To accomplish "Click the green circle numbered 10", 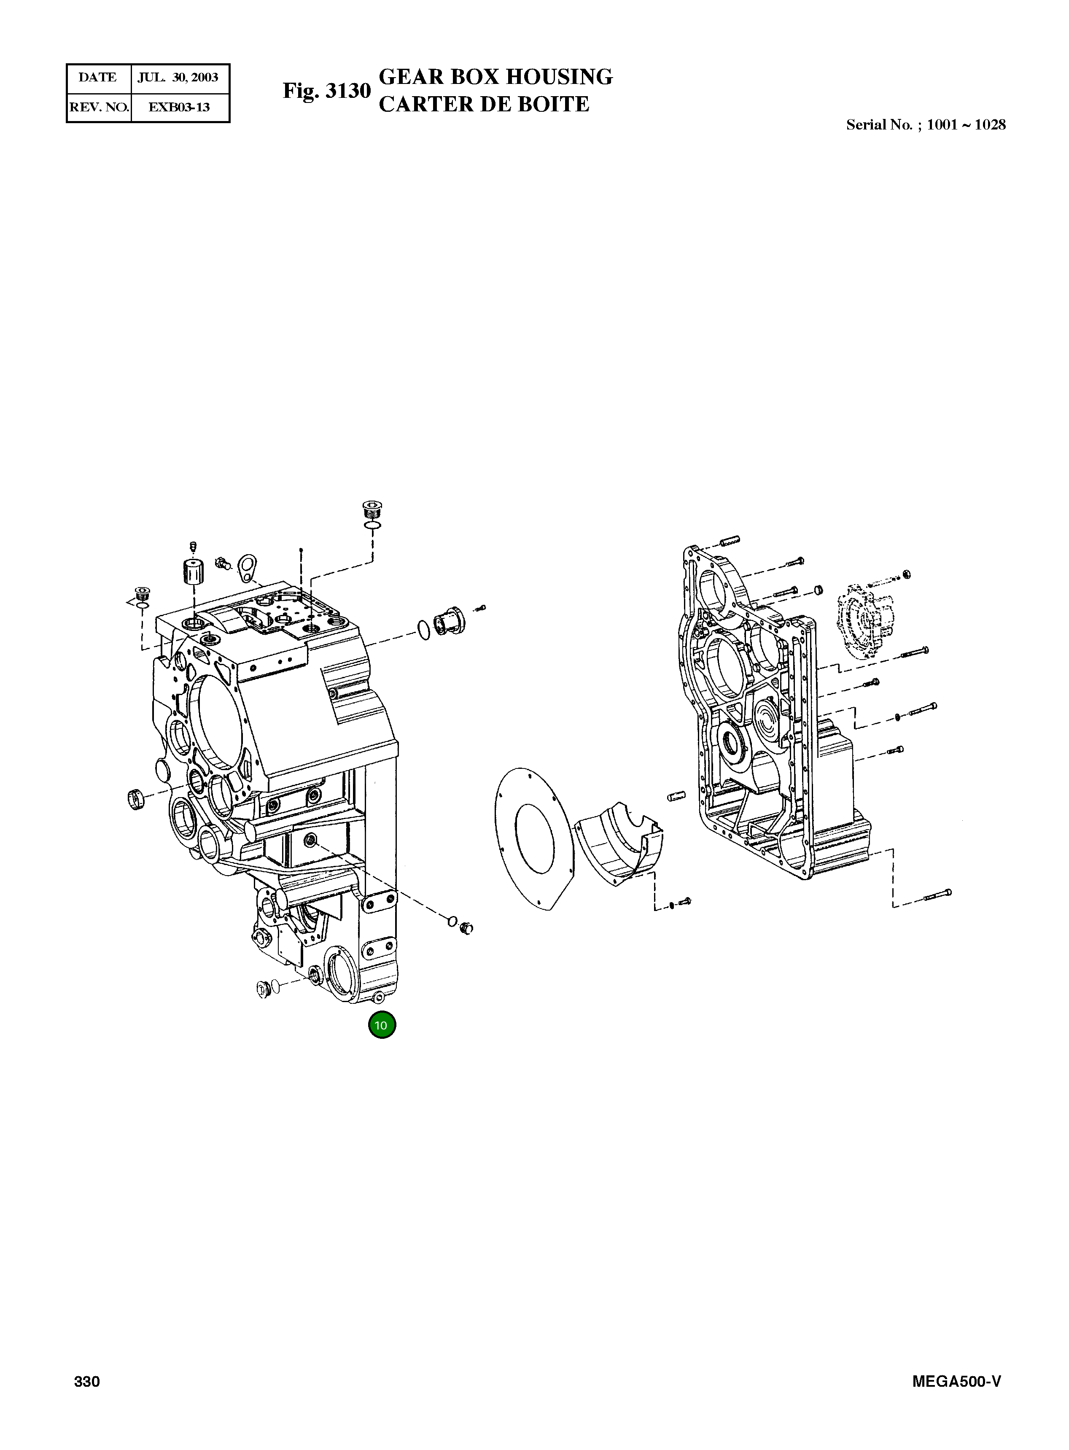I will click(x=382, y=1025).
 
